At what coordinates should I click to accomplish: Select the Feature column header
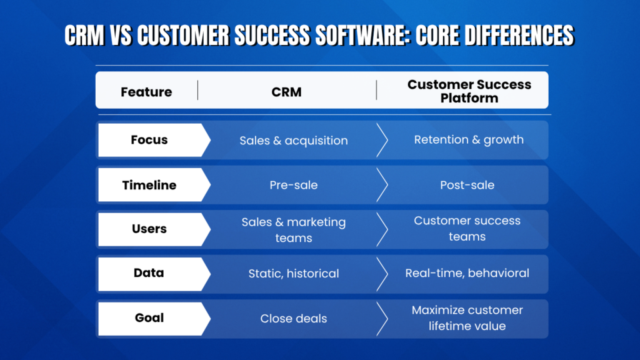pyautogui.click(x=146, y=92)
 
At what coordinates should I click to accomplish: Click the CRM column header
pyautogui.click(x=286, y=92)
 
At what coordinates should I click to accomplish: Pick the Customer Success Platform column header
pyautogui.click(x=469, y=91)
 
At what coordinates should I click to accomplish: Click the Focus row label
pyautogui.click(x=149, y=140)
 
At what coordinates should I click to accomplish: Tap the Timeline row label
pyautogui.click(x=149, y=185)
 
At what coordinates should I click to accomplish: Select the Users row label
pyautogui.click(x=149, y=229)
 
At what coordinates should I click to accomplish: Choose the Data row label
pyautogui.click(x=149, y=273)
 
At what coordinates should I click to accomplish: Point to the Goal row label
pyautogui.click(x=149, y=318)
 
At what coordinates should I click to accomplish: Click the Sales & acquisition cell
pyautogui.click(x=294, y=141)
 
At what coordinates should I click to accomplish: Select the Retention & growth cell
pyautogui.click(x=469, y=139)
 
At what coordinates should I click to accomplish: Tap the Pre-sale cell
pyautogui.click(x=294, y=185)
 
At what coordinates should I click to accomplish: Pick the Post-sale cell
pyautogui.click(x=467, y=185)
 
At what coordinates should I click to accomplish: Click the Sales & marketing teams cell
pyautogui.click(x=294, y=229)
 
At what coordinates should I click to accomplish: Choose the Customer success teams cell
pyautogui.click(x=467, y=228)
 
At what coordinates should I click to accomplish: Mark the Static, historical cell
pyautogui.click(x=294, y=274)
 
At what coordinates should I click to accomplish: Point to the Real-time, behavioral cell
pyautogui.click(x=467, y=273)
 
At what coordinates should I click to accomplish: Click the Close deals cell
pyautogui.click(x=294, y=319)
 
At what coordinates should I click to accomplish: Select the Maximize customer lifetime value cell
pyautogui.click(x=467, y=317)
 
